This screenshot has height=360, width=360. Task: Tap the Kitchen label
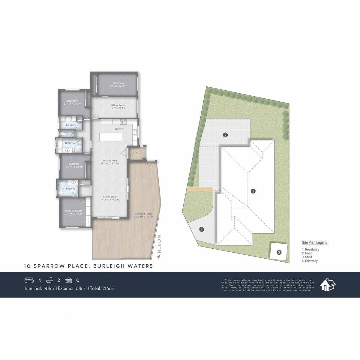coord(120,129)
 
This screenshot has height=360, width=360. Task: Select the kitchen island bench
coord(111,137)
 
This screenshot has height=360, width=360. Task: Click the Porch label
coord(139,153)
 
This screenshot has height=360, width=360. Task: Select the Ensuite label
coord(70,189)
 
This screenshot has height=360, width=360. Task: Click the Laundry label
coord(71,125)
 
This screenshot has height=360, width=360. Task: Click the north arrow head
coord(158,257)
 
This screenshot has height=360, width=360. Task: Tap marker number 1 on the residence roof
coord(253,191)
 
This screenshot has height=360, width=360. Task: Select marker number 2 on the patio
coord(225,135)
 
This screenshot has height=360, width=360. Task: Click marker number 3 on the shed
coord(279,253)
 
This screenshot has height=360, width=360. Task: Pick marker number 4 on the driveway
coord(202,229)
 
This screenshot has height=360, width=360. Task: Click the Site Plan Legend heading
coord(314,243)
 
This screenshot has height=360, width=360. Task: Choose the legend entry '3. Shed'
coord(307,257)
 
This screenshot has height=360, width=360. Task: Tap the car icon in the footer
coord(68,280)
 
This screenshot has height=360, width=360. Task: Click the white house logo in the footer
coord(327,285)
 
